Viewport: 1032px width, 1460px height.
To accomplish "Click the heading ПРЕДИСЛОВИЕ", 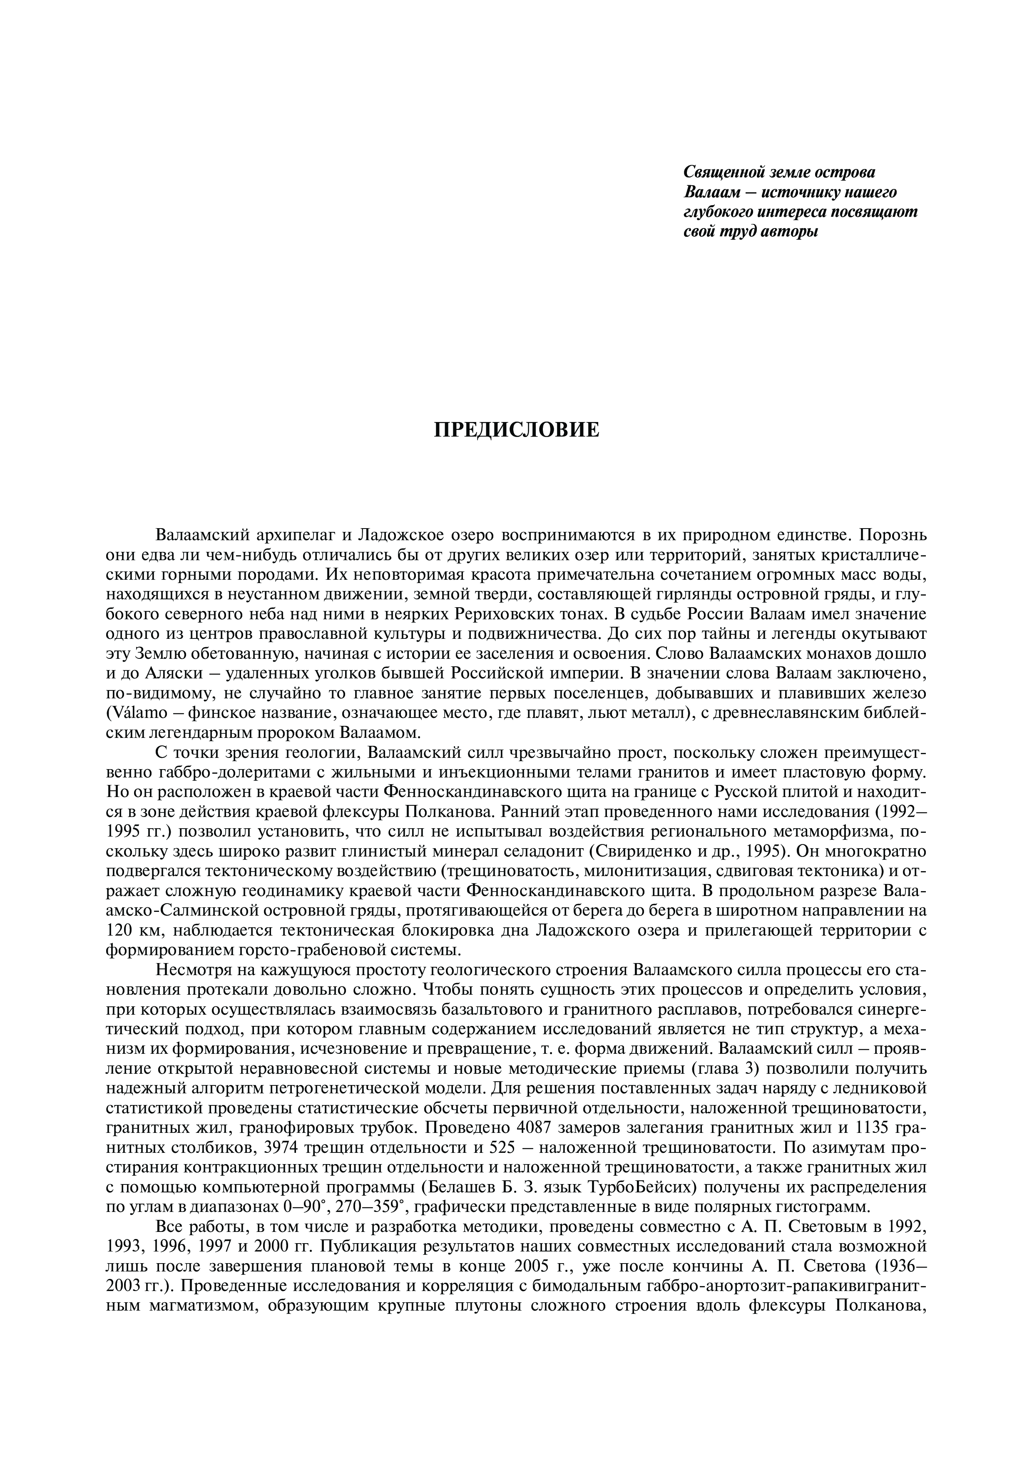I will click(516, 430).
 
